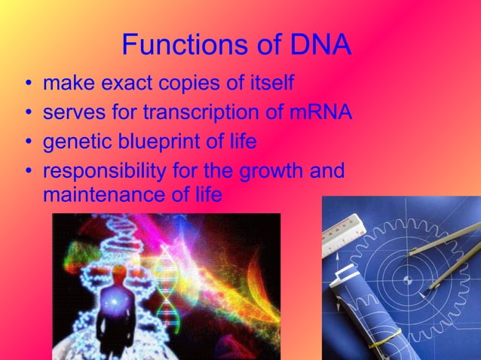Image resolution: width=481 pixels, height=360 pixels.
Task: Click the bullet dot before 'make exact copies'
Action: click(x=28, y=83)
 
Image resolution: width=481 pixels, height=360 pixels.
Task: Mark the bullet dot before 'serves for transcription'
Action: click(x=28, y=113)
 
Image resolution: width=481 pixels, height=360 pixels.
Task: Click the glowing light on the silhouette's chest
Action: click(x=114, y=301)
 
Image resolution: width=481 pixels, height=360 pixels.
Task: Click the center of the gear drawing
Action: click(x=408, y=280)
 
